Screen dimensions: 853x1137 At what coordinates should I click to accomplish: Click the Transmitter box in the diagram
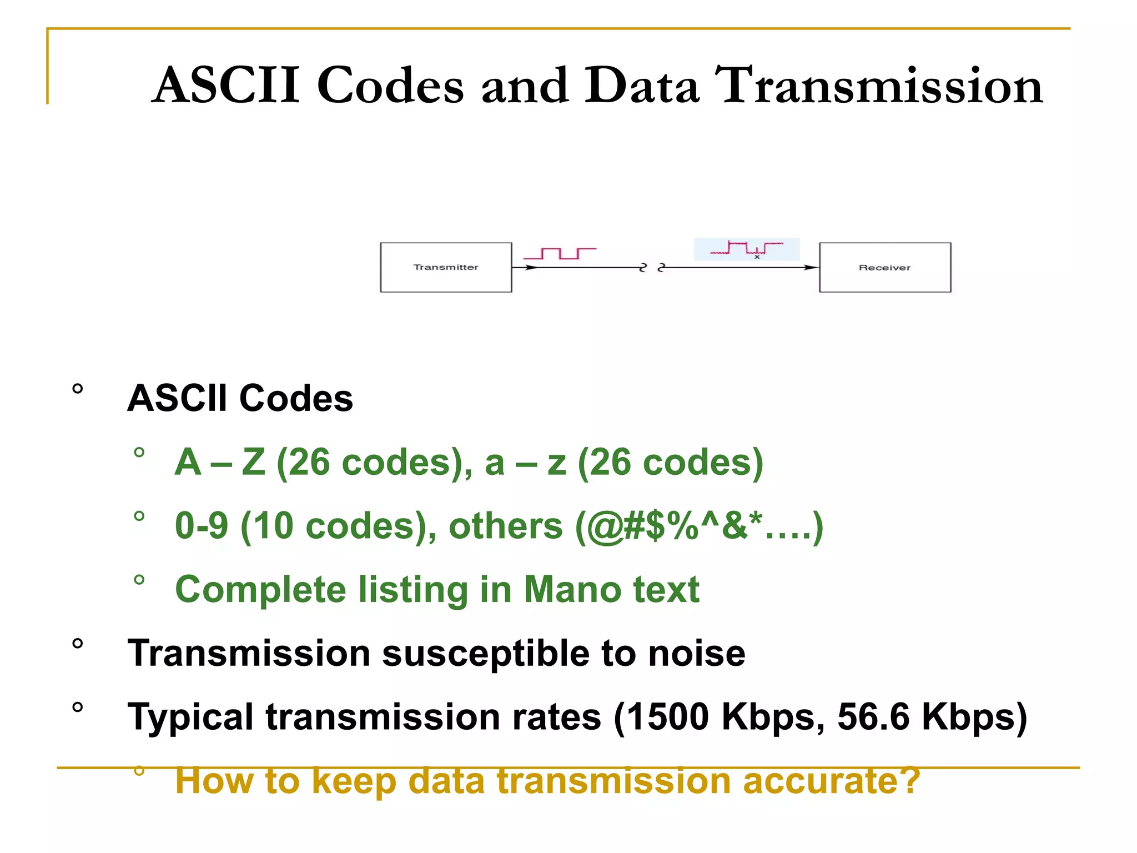[446, 267]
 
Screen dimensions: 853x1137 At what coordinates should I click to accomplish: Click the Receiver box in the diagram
[885, 267]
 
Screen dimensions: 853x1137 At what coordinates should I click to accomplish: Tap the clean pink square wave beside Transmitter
[560, 253]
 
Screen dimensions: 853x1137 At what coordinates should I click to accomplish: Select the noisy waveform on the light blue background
[747, 248]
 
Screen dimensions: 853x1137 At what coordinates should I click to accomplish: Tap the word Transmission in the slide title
[879, 86]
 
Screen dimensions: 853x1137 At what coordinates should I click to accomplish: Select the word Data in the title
[642, 86]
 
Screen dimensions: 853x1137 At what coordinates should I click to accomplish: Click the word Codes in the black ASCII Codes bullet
[296, 398]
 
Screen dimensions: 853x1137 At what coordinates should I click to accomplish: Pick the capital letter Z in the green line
[254, 462]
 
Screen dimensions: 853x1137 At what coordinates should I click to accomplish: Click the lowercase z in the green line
[556, 463]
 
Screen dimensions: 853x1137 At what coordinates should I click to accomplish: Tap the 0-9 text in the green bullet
[201, 526]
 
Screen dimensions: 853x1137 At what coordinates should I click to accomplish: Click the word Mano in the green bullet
[572, 589]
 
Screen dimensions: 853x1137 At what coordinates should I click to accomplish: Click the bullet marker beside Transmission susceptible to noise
[78, 644]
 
